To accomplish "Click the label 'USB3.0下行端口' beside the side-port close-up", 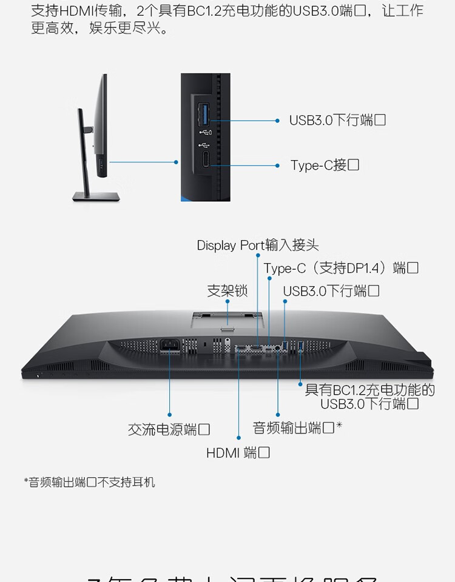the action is (337, 120).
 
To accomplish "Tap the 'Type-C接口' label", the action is (325, 165).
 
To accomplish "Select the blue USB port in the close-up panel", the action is (205, 113).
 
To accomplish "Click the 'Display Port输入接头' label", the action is (258, 246).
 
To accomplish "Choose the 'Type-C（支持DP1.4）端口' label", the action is (341, 268).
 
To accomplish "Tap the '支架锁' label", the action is (227, 291).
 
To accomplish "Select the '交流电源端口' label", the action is (169, 430).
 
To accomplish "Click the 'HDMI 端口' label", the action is (238, 452).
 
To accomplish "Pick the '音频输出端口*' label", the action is (297, 428).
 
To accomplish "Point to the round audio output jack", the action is (278, 349).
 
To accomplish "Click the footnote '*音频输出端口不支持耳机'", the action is (90, 483).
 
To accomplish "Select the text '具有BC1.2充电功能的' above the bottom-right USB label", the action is (370, 390).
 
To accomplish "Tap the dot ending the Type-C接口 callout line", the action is (277, 165).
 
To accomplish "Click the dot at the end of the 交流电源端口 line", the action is (169, 415).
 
